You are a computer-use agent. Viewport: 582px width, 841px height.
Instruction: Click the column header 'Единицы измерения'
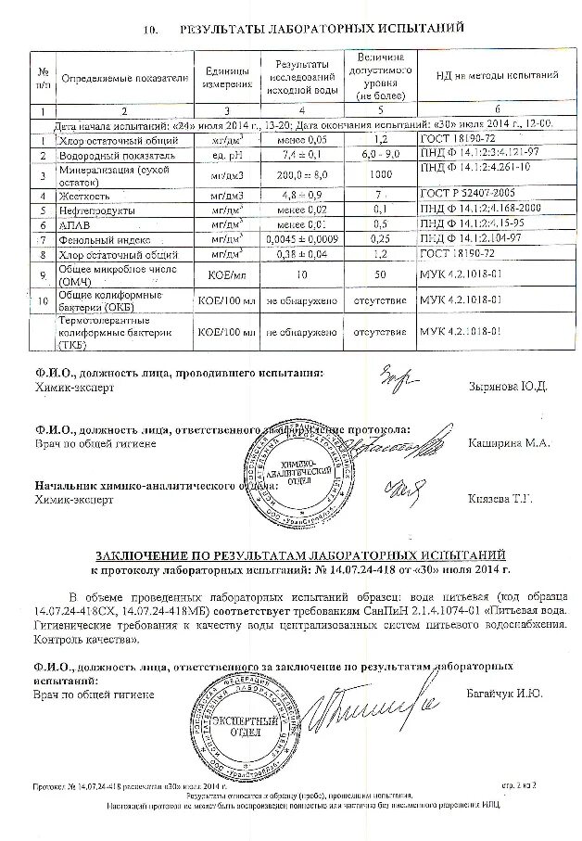(x=225, y=77)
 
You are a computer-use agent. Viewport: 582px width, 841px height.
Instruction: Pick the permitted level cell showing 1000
(x=378, y=174)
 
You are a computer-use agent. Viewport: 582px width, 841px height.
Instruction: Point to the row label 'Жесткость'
(x=85, y=197)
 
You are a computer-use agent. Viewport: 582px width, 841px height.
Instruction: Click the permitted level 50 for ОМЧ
(x=378, y=275)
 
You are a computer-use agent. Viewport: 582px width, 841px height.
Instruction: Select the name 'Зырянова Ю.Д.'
(x=509, y=386)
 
